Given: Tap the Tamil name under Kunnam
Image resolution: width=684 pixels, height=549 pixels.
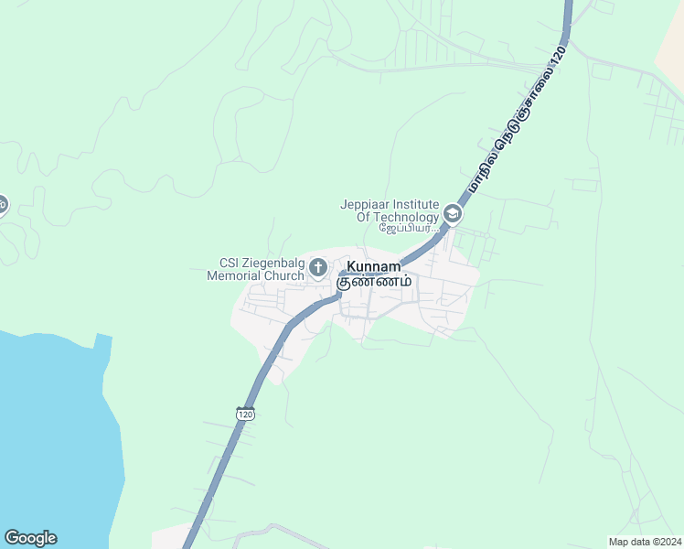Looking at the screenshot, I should tap(373, 282).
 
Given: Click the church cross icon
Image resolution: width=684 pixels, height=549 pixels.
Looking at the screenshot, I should tap(318, 268).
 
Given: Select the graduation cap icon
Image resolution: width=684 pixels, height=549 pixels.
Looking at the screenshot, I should tap(452, 214).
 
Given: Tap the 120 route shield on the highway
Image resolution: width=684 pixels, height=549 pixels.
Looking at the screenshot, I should tap(244, 414).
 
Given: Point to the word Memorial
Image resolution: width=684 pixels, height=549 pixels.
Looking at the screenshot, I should tap(234, 275).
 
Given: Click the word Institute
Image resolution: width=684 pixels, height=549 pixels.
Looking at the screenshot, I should tap(415, 204).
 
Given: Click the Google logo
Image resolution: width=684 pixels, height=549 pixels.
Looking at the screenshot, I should tap(30, 538).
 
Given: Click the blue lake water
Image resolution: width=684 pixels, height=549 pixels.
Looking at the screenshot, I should tap(50, 430).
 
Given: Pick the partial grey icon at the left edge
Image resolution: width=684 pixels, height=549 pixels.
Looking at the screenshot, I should tap(3, 204).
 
